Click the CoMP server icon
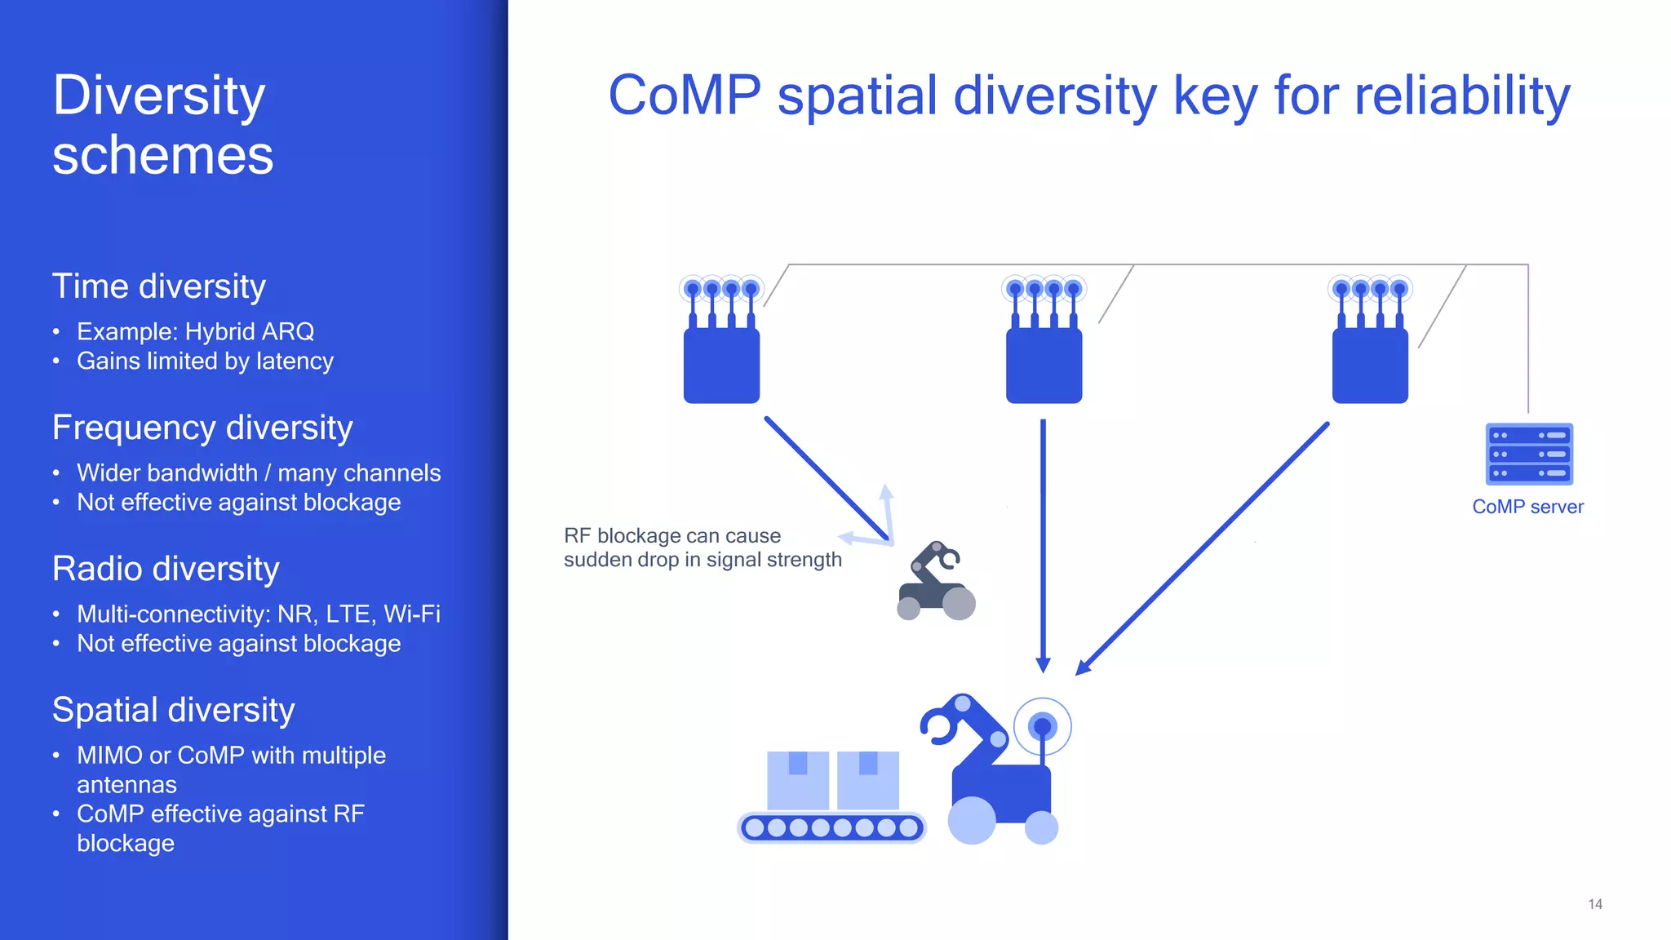pyautogui.click(x=1528, y=454)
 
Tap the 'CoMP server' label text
pyautogui.click(x=1527, y=507)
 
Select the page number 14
pyautogui.click(x=1595, y=904)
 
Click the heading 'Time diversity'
pyautogui.click(x=159, y=286)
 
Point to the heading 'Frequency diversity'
pyautogui.click(x=202, y=428)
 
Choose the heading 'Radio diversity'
pyautogui.click(x=166, y=569)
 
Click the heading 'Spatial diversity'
pyautogui.click(x=173, y=710)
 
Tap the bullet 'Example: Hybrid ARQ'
pyautogui.click(x=195, y=331)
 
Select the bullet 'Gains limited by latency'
pyautogui.click(x=205, y=361)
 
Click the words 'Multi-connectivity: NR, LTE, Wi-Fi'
pyautogui.click(x=258, y=614)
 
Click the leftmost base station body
pyautogui.click(x=721, y=366)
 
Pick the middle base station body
pyautogui.click(x=1044, y=366)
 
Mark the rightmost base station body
pyautogui.click(x=1370, y=366)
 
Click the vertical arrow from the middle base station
pyautogui.click(x=1043, y=547)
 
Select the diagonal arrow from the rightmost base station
pyautogui.click(x=1203, y=548)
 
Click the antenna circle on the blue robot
pyautogui.click(x=1042, y=725)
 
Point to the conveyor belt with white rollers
pyautogui.click(x=831, y=827)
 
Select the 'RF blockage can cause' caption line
pyautogui.click(x=672, y=536)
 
